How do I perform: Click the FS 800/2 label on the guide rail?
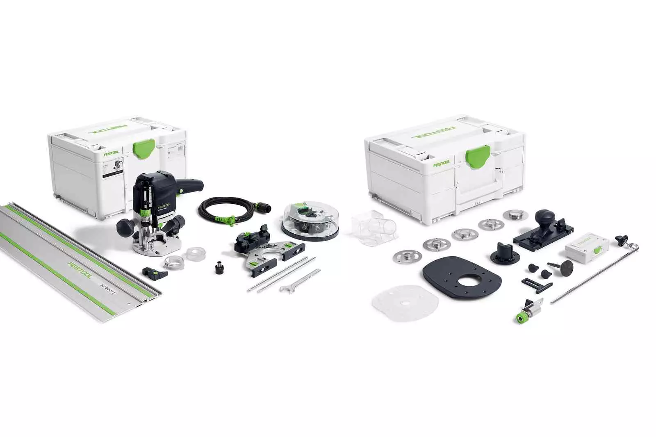pyautogui.click(x=107, y=284)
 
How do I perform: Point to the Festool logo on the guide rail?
pyautogui.click(x=80, y=270)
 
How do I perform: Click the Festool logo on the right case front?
pyautogui.click(x=442, y=164)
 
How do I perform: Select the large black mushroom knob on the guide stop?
pyautogui.click(x=545, y=217)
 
